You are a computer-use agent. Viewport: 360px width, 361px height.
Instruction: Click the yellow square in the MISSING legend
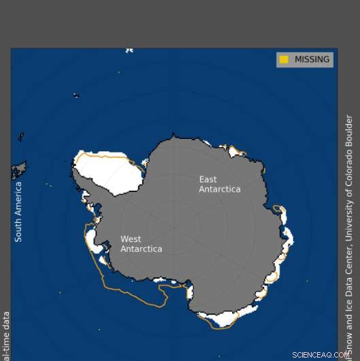coord(284,60)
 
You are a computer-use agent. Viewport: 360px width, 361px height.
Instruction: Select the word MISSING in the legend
coord(312,60)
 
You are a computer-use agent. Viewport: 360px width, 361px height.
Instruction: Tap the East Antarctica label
coord(219,184)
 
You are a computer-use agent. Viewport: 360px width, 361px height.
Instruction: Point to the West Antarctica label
coord(141,244)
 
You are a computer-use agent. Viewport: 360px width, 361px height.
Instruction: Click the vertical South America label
coord(18,211)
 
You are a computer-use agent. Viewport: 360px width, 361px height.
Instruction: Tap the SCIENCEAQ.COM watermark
coord(321,355)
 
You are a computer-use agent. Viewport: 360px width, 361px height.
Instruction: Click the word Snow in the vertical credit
coord(349,347)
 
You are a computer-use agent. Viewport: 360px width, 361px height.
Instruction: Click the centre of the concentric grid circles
coord(174,227)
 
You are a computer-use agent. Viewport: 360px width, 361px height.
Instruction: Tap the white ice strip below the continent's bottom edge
coord(225,317)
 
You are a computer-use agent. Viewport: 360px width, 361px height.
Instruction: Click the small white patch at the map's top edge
coord(129,50)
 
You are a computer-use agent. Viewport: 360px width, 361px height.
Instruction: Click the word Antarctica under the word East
coord(219,189)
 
